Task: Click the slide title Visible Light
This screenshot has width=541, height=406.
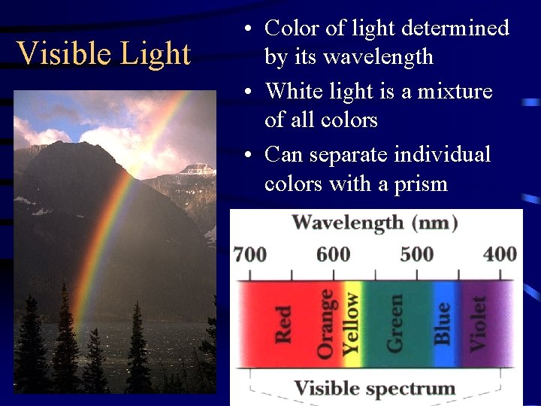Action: coord(104,54)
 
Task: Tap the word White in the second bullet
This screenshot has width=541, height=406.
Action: coord(295,91)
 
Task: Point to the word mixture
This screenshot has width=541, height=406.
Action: coord(455,91)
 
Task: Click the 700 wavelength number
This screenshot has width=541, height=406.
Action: coord(249,254)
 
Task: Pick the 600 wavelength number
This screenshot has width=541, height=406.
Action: coord(333,254)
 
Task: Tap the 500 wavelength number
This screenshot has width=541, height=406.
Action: coord(416,254)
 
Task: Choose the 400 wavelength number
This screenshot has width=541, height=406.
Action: coord(500,254)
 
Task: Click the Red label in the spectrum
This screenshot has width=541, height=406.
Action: coord(283,324)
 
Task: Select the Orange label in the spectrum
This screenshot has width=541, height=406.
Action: coord(325,323)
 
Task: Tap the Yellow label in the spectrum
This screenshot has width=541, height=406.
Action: coord(351,323)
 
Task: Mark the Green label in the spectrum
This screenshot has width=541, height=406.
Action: coord(395,323)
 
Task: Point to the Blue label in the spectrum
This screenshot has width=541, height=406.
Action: coord(443,323)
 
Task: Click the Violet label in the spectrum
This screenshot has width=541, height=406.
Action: coord(479,323)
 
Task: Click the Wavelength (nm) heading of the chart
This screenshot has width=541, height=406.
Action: coord(375,223)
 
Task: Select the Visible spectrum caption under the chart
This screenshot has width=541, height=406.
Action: coord(374,388)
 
